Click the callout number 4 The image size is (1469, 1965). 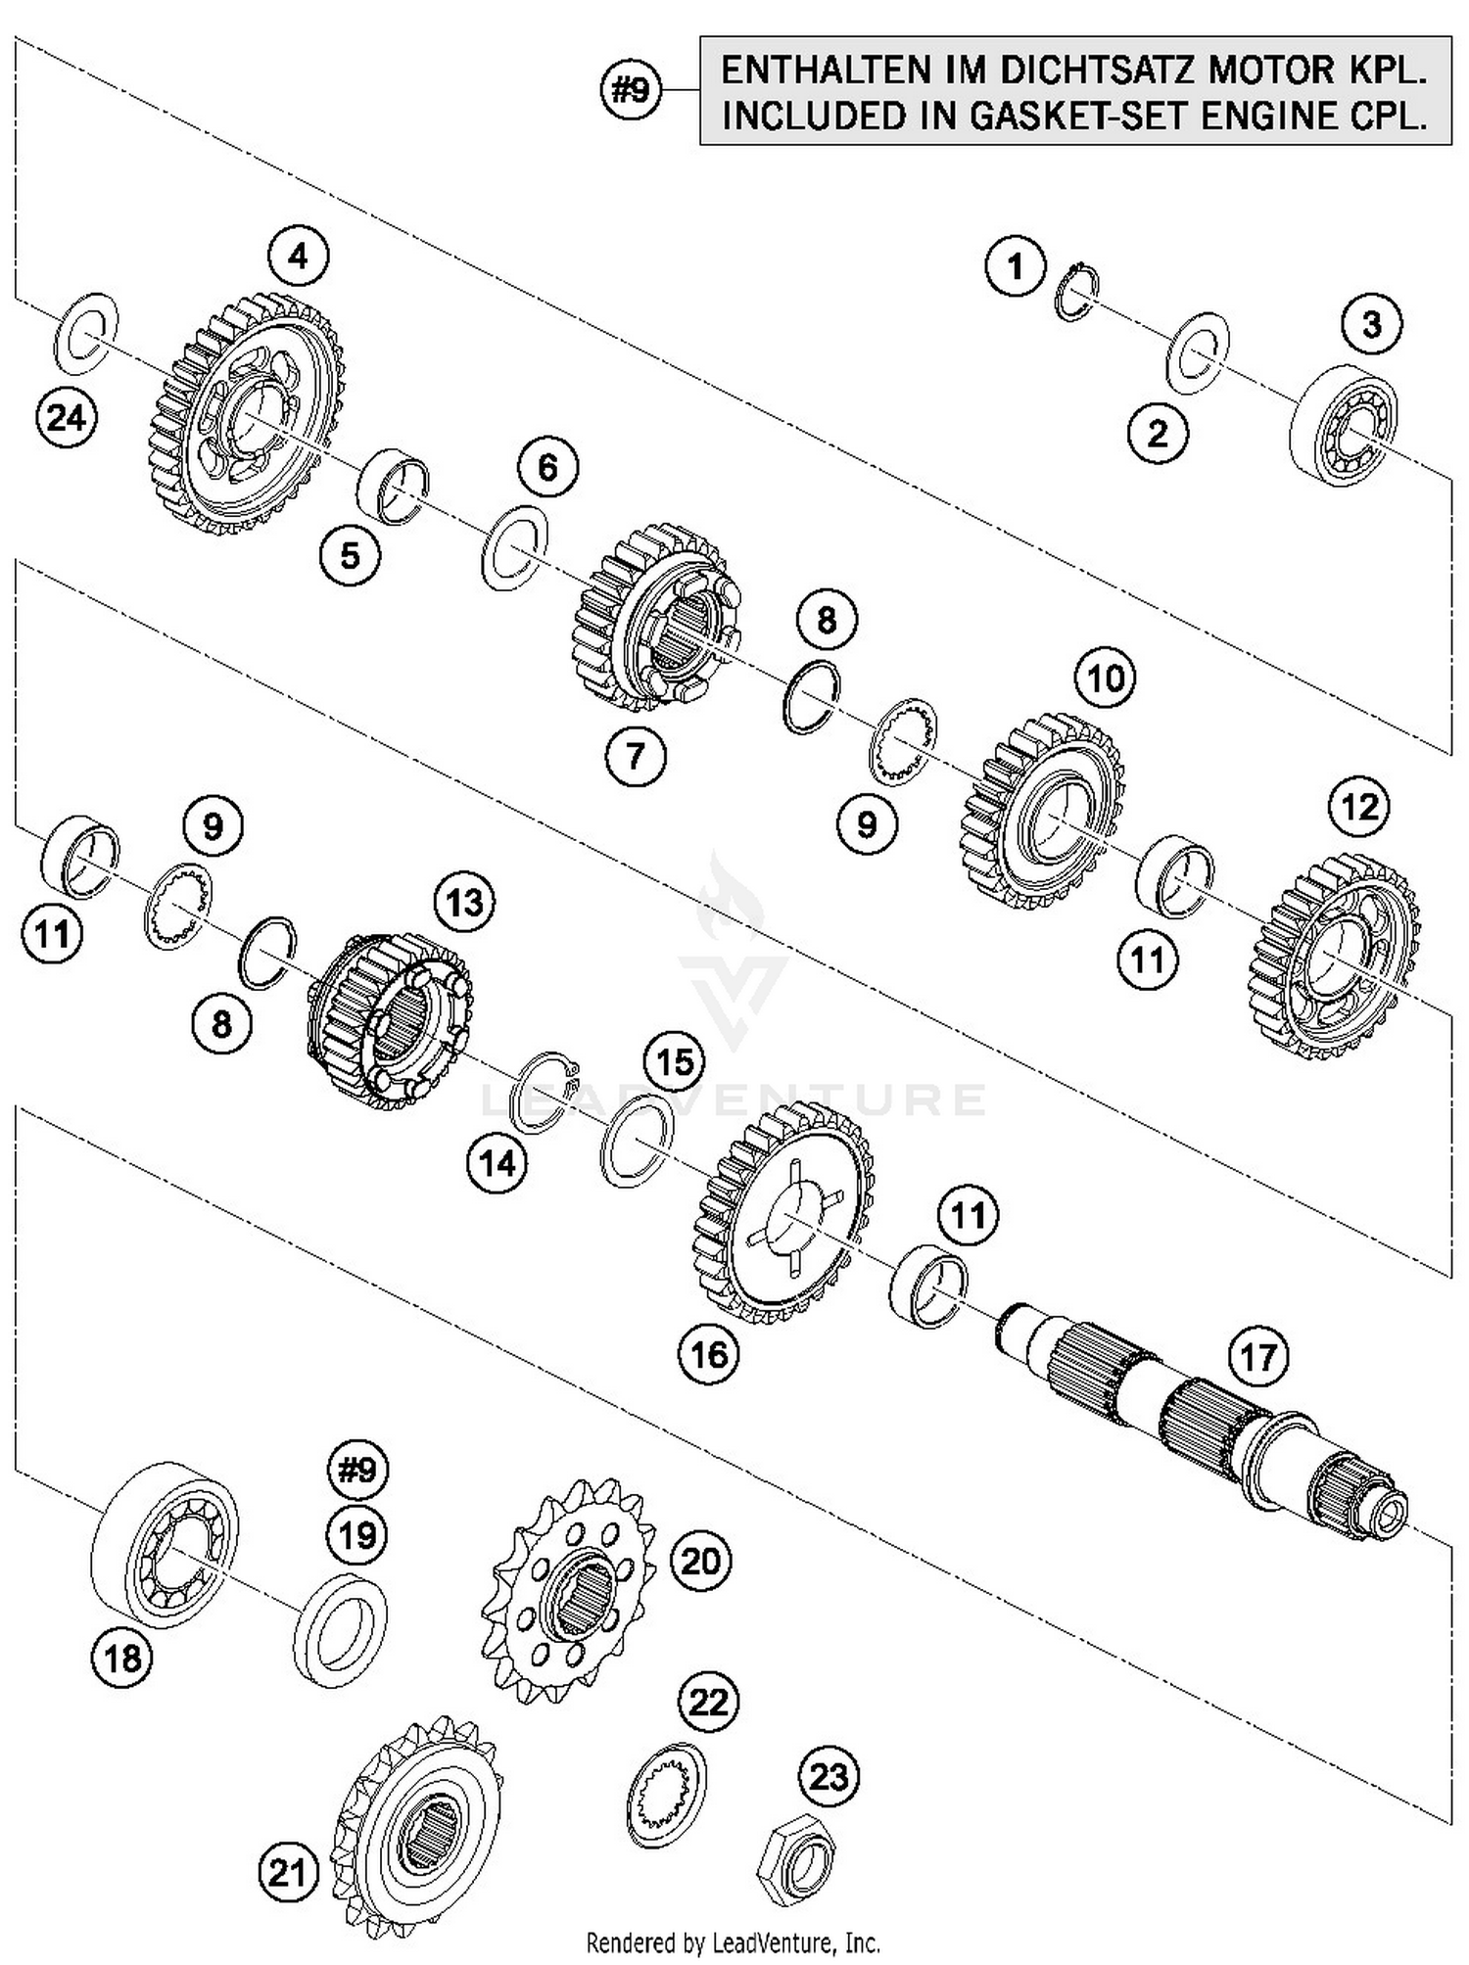298,257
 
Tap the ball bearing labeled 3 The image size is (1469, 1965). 1343,425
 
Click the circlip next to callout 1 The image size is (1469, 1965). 1077,292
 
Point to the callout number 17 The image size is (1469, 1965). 1258,1358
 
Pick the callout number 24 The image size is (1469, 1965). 67,418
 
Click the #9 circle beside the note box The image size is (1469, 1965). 630,91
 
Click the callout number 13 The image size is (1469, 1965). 464,903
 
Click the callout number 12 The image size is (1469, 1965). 1359,807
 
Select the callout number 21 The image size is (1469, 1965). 287,1873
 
